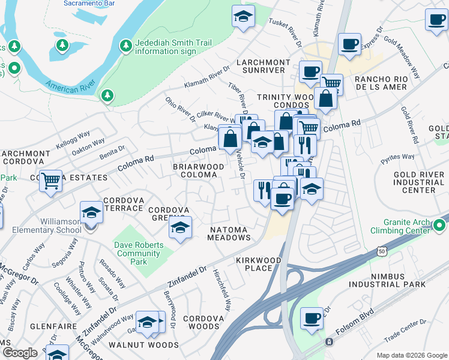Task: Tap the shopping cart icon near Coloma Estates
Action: pos(51,179)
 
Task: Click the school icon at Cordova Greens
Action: pos(180,227)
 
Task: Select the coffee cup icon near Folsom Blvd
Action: pos(312,318)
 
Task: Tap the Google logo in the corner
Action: pos(20,353)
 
